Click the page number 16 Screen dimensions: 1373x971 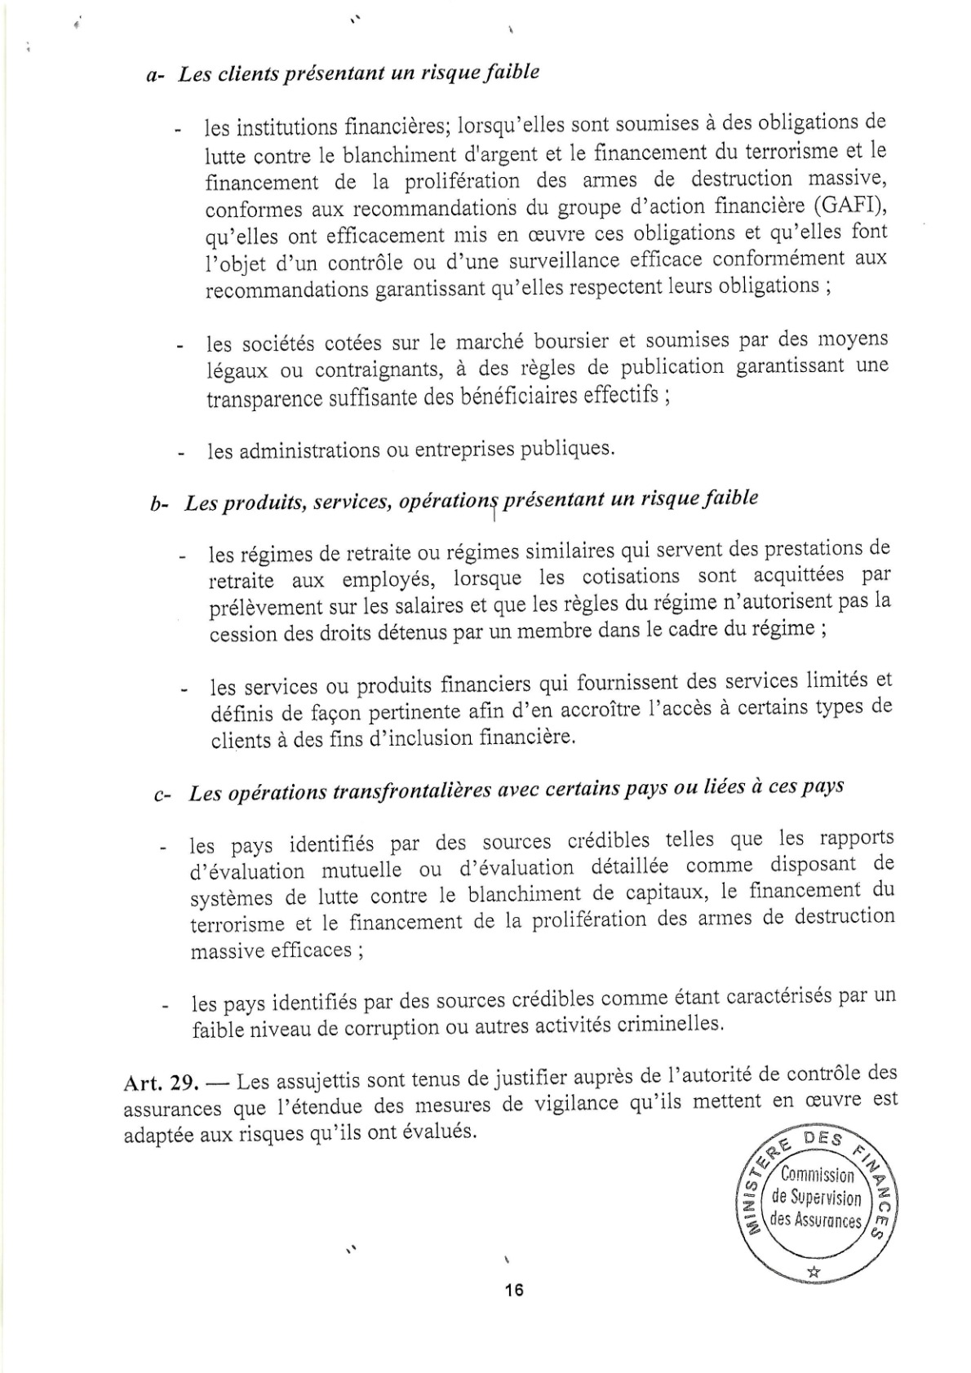click(513, 1290)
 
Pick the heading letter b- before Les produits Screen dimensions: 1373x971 click(160, 505)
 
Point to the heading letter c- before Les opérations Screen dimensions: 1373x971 click(162, 795)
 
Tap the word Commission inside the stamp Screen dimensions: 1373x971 click(817, 1175)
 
